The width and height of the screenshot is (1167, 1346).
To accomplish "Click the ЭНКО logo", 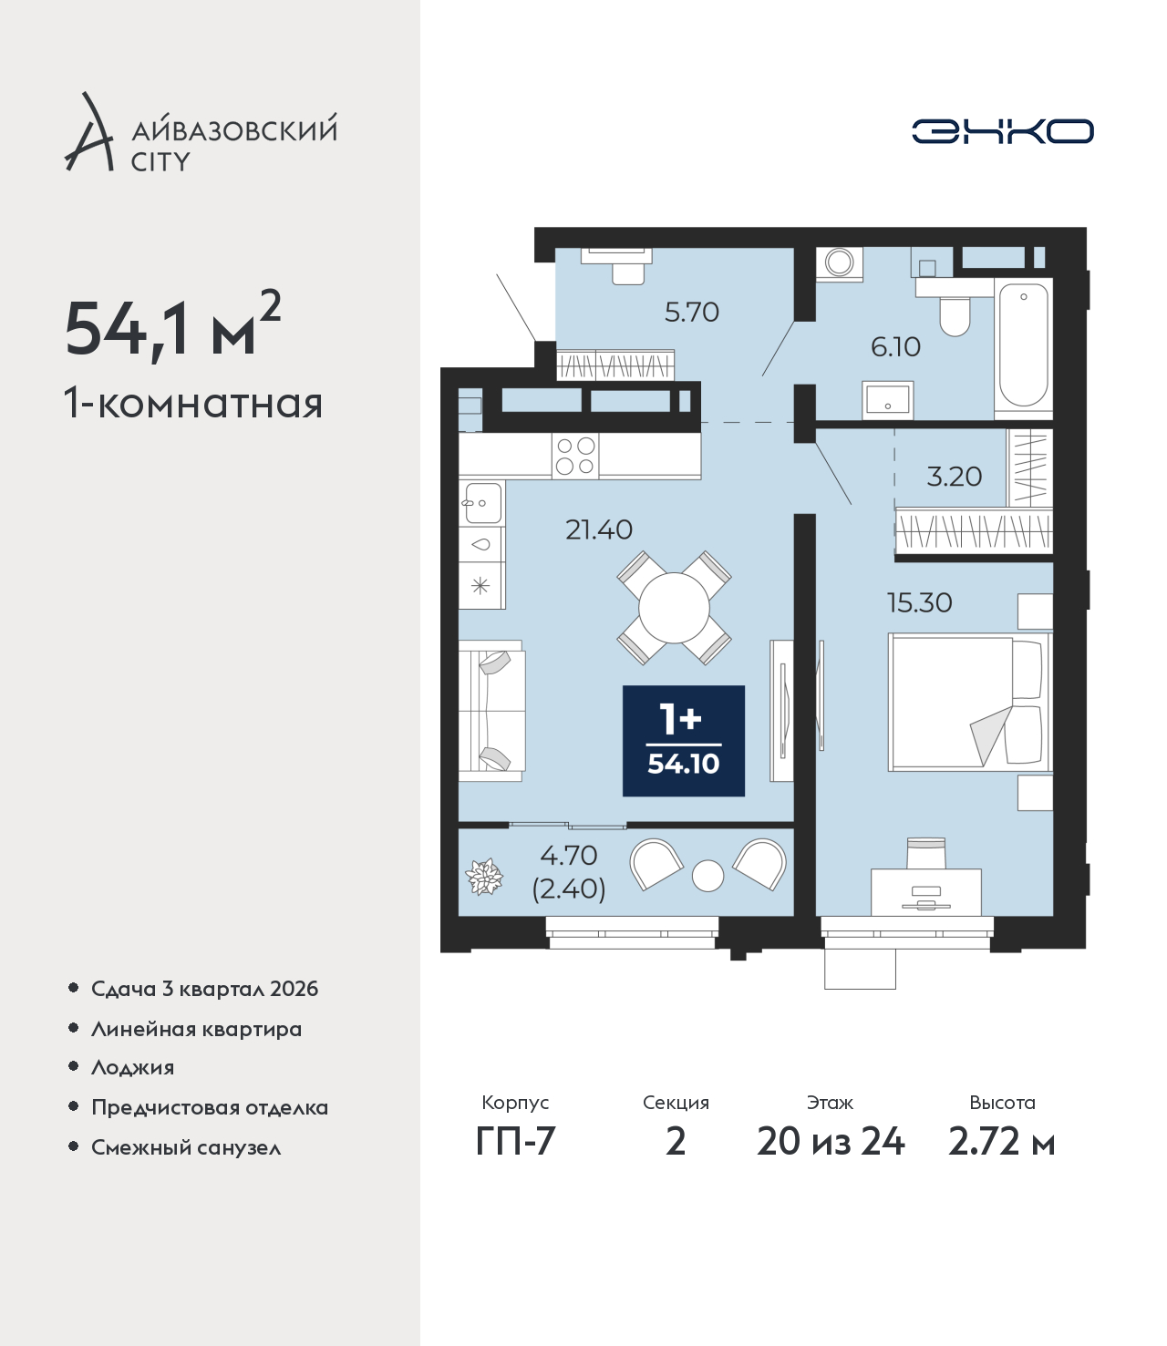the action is pyautogui.click(x=1002, y=131).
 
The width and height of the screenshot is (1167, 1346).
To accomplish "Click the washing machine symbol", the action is pyautogui.click(x=840, y=263).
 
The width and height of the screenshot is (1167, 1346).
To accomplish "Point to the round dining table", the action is pyautogui.click(x=674, y=608).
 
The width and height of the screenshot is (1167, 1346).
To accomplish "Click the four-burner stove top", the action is pyautogui.click(x=575, y=456).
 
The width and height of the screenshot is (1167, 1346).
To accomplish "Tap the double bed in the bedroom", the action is pyautogui.click(x=970, y=703).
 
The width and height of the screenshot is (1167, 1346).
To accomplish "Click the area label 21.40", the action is pyautogui.click(x=599, y=530).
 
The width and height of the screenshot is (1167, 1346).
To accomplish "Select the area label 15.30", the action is pyautogui.click(x=919, y=603).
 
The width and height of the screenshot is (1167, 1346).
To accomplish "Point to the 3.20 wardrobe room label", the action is pyautogui.click(x=954, y=477).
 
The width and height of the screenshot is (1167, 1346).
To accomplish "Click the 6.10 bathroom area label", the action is pyautogui.click(x=895, y=347).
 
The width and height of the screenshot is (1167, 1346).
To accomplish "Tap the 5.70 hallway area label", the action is pyautogui.click(x=691, y=313).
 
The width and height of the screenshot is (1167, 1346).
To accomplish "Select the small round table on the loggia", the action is pyautogui.click(x=707, y=876).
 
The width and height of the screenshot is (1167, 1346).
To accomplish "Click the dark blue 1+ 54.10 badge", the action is pyautogui.click(x=684, y=740).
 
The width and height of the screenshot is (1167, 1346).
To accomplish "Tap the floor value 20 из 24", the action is pyautogui.click(x=831, y=1142).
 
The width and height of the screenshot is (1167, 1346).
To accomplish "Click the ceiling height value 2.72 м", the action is pyautogui.click(x=1001, y=1142).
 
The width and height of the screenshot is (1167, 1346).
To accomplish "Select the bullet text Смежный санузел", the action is pyautogui.click(x=186, y=1147).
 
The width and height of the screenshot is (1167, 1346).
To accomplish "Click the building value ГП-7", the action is pyautogui.click(x=515, y=1142).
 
